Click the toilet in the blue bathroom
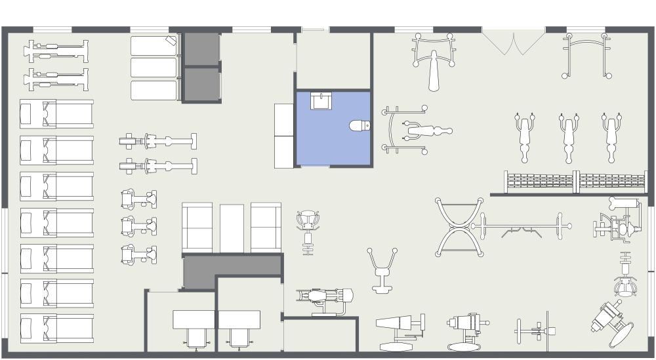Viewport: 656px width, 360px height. (359, 125)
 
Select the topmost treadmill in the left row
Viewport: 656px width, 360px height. (56, 113)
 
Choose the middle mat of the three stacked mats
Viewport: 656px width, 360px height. (154, 68)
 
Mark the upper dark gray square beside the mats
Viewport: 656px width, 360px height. (201, 49)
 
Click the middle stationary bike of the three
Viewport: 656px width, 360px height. (139, 226)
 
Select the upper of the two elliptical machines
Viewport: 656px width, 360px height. (158, 141)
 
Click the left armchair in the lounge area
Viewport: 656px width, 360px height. (197, 228)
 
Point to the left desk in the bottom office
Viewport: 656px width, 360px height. (194, 319)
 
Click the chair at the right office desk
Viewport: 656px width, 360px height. (238, 337)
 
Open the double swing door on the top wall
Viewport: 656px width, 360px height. (514, 41)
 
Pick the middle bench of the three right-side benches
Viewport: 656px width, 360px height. (568, 138)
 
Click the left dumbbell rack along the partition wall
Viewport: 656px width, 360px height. (539, 181)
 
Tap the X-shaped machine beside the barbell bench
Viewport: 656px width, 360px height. (459, 227)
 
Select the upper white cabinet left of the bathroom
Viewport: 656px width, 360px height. (284, 119)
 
